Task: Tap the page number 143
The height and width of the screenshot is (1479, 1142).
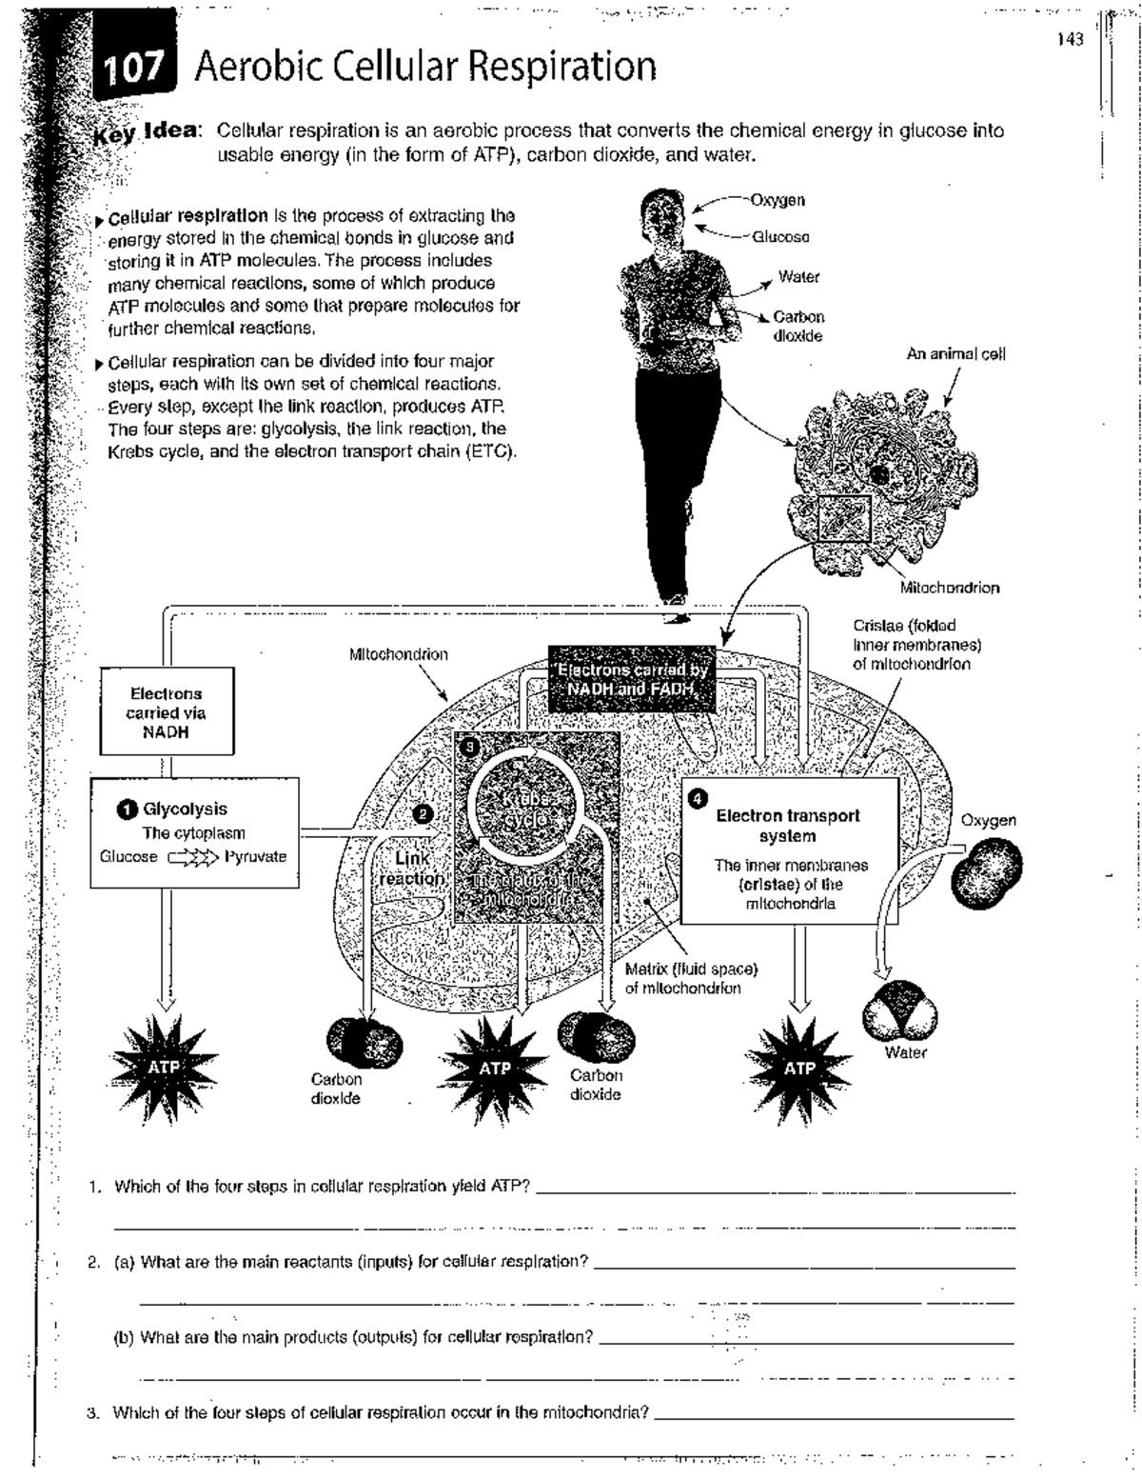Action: (1071, 40)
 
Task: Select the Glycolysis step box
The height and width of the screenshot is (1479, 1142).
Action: (194, 832)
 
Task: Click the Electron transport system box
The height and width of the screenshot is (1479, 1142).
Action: (790, 850)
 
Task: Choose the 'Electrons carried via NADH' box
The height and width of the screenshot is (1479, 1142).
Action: (166, 713)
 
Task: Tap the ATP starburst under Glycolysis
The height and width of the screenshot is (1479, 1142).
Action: (165, 1067)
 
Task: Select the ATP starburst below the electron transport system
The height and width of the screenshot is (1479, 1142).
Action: (799, 1069)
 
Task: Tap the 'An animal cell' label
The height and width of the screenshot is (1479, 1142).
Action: (955, 354)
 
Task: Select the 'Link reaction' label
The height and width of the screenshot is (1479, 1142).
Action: (412, 869)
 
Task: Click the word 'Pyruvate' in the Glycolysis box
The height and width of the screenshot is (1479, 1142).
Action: (255, 856)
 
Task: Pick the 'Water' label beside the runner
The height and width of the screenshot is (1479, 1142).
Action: (798, 277)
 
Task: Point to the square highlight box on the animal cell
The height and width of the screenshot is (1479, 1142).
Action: (845, 519)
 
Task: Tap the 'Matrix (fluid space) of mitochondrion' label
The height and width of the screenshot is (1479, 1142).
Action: (691, 978)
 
